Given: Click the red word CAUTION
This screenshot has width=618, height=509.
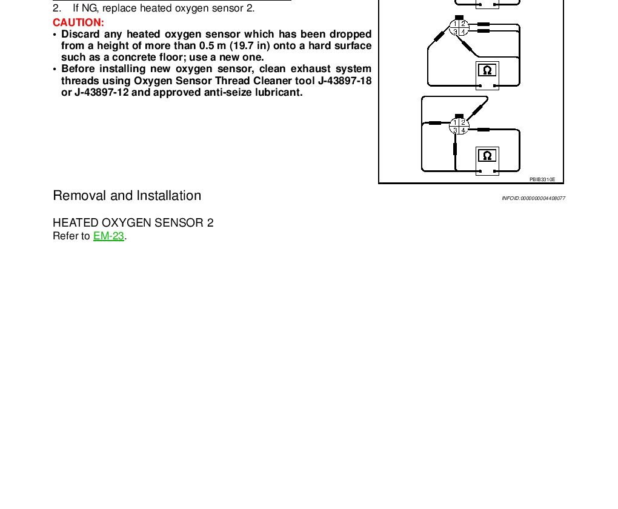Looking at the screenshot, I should tap(78, 22).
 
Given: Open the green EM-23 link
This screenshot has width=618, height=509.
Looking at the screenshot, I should tap(109, 236).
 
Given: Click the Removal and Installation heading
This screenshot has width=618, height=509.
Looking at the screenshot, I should tap(127, 196).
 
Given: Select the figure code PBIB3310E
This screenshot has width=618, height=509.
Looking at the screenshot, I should tap(542, 179).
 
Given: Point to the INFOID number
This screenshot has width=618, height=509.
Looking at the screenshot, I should tap(533, 199).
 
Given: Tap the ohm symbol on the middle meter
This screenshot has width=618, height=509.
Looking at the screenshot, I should tap(487, 70).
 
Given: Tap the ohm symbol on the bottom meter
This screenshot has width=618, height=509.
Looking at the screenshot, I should tap(487, 156).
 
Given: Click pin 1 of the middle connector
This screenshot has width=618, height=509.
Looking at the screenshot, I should tap(455, 24).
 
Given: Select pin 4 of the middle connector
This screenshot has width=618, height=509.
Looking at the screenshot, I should tap(463, 32).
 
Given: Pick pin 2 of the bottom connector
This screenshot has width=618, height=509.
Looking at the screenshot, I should tap(463, 122).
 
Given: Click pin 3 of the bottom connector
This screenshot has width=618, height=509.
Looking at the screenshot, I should tap(455, 130).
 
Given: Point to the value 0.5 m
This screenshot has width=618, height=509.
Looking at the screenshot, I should tap(212, 45).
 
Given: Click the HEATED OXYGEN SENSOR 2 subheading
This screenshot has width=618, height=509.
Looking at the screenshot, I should tap(133, 223).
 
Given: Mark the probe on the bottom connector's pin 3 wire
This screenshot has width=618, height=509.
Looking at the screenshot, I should tap(454, 148).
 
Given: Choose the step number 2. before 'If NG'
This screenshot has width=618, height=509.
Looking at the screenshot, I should tap(57, 8).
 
